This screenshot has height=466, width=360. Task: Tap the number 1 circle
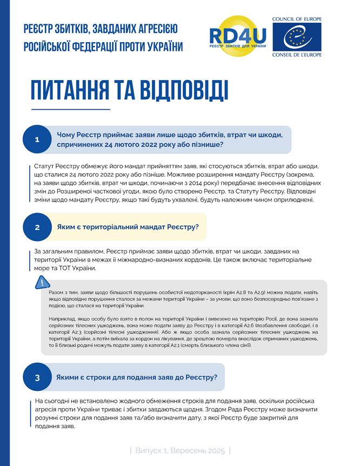point(37,139)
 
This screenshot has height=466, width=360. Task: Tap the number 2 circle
point(37,227)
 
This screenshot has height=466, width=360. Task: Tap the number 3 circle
point(37,377)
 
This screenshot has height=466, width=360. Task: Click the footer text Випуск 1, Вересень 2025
point(180,450)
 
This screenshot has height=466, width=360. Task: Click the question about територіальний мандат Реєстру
point(128,227)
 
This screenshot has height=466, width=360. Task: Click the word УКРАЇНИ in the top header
point(164,46)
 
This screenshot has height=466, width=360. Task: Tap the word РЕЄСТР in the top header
point(42,28)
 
